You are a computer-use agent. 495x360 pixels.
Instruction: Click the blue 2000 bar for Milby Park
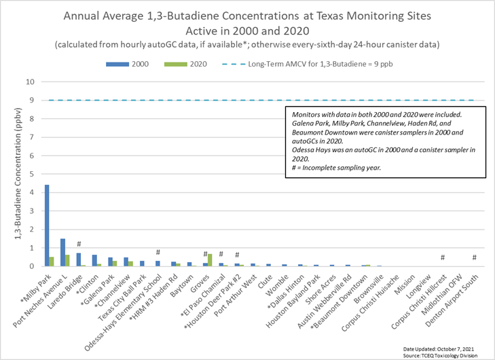tap(47, 226)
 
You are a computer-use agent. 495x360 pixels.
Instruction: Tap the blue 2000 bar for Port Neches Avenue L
tap(62, 252)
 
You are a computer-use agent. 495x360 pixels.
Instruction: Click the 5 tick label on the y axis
tap(31, 174)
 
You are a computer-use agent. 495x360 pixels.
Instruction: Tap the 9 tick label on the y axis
tap(31, 101)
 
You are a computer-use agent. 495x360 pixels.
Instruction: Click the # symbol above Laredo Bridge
tap(79, 245)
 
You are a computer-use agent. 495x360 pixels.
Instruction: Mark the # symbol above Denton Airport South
tap(474, 257)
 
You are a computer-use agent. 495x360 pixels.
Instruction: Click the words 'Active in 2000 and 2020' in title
tap(247, 30)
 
